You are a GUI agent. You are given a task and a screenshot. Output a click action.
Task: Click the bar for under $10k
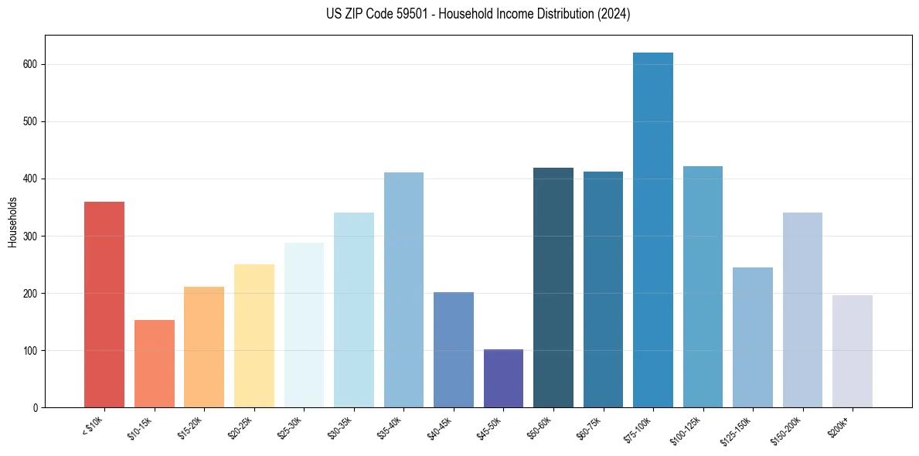pyautogui.click(x=104, y=305)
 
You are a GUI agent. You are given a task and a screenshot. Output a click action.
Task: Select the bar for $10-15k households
pyautogui.click(x=154, y=363)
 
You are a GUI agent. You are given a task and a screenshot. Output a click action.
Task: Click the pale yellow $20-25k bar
pyautogui.click(x=254, y=336)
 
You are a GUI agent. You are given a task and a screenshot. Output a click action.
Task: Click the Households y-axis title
pyautogui.click(x=12, y=221)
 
